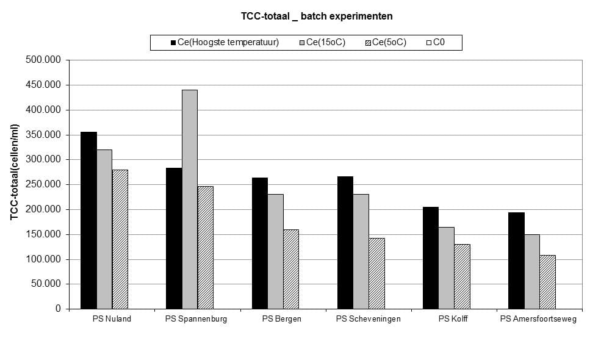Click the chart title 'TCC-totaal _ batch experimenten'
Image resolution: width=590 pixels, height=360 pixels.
pyautogui.click(x=317, y=16)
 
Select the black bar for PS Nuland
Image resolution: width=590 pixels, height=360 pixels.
pyautogui.click(x=89, y=220)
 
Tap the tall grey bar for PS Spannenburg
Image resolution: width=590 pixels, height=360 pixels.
pyautogui.click(x=190, y=200)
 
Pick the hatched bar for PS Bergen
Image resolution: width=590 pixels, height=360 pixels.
pyautogui.click(x=291, y=269)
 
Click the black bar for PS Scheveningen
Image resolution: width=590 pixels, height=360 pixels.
pyautogui.click(x=345, y=243)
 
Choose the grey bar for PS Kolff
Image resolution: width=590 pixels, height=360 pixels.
pyautogui.click(x=446, y=268)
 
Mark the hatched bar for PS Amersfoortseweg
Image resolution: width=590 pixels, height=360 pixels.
pyautogui.click(x=547, y=282)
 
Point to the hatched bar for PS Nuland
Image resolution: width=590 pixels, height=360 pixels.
pyautogui.click(x=120, y=239)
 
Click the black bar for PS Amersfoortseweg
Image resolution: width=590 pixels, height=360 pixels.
pyautogui.click(x=516, y=261)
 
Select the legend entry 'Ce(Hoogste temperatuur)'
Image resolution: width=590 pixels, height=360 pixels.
pyautogui.click(x=225, y=42)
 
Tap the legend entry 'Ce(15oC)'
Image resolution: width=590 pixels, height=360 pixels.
pyautogui.click(x=322, y=42)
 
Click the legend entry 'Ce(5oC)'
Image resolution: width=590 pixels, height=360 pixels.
pyautogui.click(x=386, y=42)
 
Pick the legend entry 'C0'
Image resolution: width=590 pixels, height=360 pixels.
pyautogui.click(x=436, y=42)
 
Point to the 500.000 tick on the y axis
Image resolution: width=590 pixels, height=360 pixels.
pyautogui.click(x=43, y=60)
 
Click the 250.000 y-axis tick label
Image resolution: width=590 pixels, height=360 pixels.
pyautogui.click(x=43, y=184)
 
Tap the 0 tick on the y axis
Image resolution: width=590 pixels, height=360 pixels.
pyautogui.click(x=58, y=309)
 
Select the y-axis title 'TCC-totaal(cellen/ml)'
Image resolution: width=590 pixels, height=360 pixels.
pyautogui.click(x=14, y=172)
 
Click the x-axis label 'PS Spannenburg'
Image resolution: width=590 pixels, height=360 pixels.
pyautogui.click(x=196, y=319)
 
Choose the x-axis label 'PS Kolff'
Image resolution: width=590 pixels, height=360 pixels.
pyautogui.click(x=453, y=319)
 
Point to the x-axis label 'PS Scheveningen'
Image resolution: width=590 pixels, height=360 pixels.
pyautogui.click(x=369, y=319)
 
